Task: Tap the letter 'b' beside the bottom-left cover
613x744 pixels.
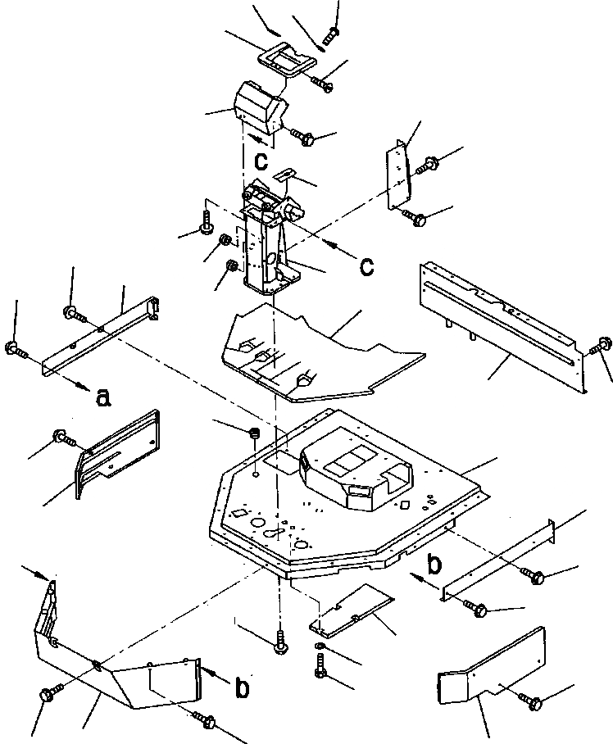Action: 242,689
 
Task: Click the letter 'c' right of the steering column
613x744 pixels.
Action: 368,265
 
